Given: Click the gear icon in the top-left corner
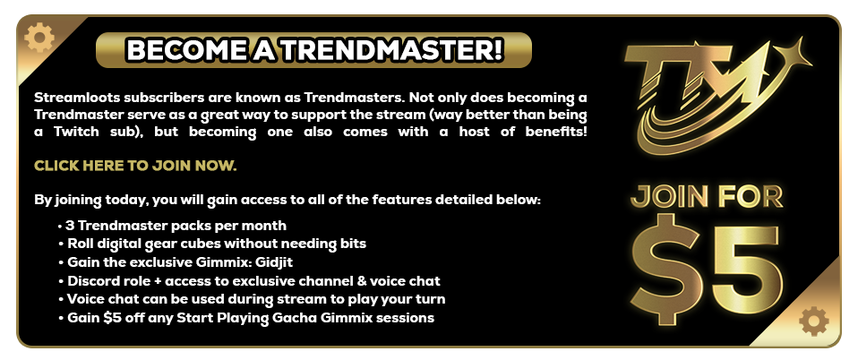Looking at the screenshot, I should [39, 38].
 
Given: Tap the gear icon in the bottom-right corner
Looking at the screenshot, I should [813, 321].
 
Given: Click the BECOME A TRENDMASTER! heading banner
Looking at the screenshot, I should [313, 50].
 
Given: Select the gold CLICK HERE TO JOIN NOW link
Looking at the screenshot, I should [135, 167].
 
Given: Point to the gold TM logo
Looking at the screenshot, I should [708, 90].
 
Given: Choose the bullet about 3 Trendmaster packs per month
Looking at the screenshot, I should [176, 225].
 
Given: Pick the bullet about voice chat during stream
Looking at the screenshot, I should [256, 299].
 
